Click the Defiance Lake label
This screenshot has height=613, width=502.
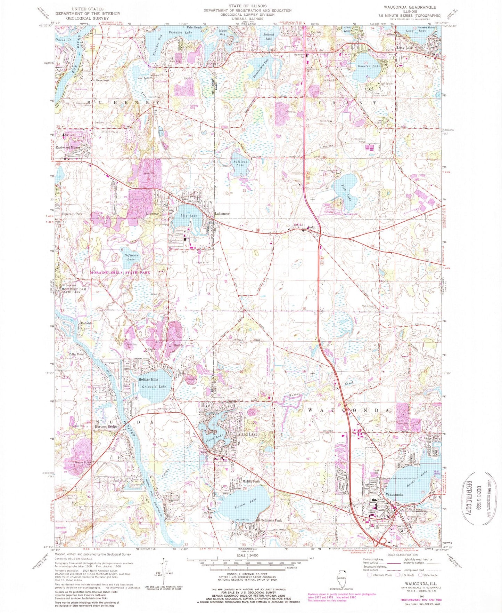click(x=131, y=257)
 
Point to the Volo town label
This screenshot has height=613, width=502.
click(x=311, y=228)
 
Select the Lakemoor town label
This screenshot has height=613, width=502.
click(x=222, y=214)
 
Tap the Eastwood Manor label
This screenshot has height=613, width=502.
click(x=68, y=148)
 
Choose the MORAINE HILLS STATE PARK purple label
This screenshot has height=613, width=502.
click(x=120, y=272)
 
